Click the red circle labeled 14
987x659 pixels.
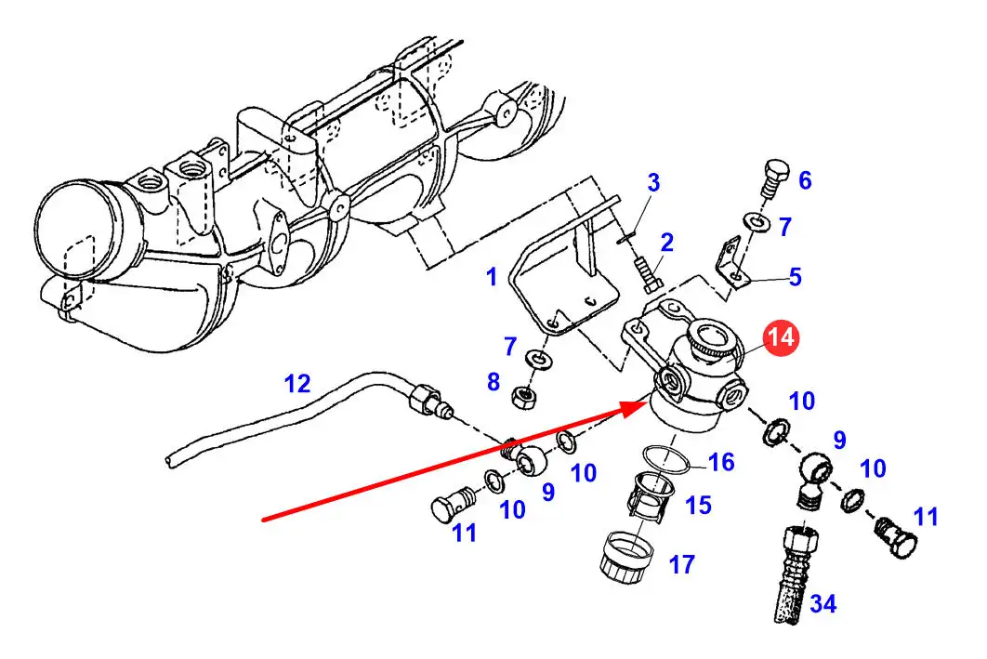coord(782,337)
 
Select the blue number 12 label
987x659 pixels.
coord(296,383)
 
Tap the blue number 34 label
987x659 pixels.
coord(822,604)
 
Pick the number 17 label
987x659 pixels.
coord(681,564)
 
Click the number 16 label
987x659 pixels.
coord(721,462)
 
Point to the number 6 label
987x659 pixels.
coord(805,180)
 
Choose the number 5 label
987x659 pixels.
coord(795,277)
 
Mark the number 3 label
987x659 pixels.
coord(653,181)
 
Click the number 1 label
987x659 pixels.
coord(492,277)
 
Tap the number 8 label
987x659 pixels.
coord(493,381)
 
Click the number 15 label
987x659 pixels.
coord(698,505)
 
